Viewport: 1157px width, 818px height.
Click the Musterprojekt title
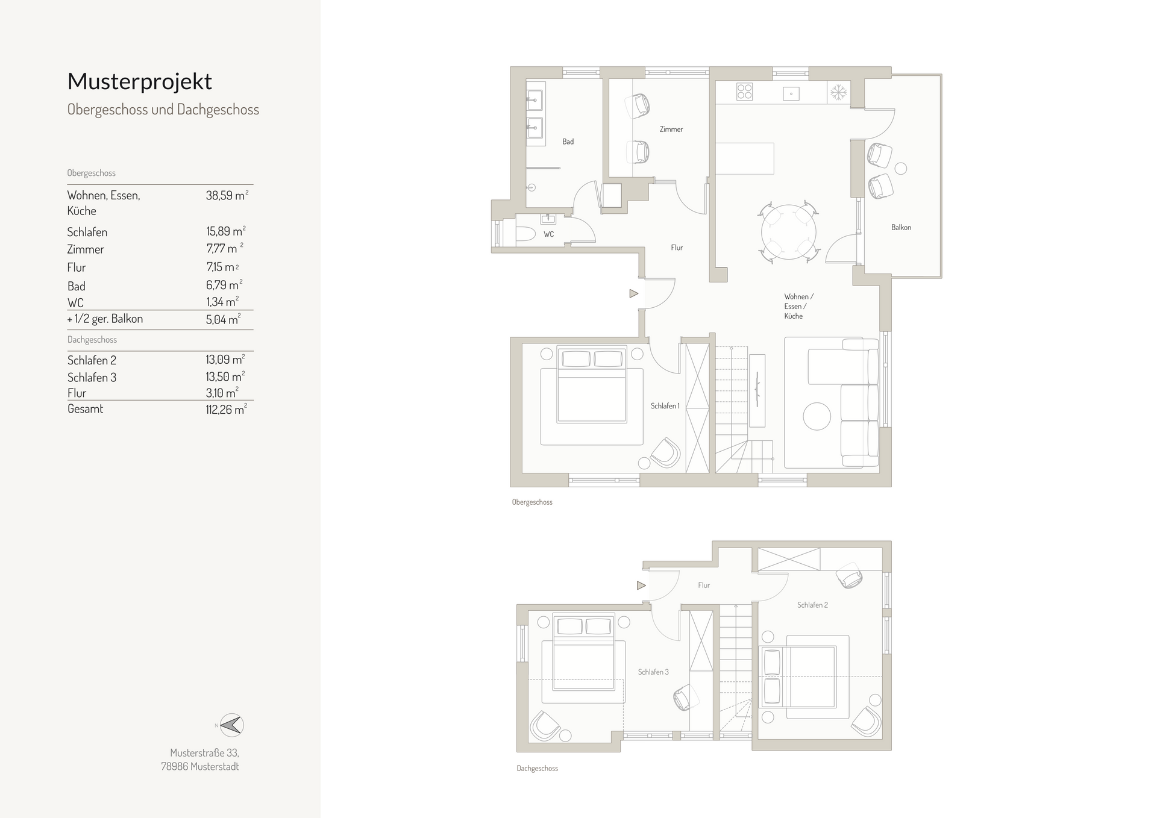pos(139,81)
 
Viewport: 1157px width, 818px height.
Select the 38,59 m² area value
pos(227,195)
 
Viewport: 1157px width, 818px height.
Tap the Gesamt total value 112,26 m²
pos(226,410)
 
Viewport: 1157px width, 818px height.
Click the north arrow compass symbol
pos(231,725)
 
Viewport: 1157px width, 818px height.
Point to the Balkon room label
pos(901,228)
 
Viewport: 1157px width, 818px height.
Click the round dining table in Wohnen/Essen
pos(788,233)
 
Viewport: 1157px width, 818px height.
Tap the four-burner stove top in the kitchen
pos(745,92)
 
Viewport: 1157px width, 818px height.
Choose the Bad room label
pos(568,142)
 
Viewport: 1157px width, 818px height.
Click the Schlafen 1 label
pos(665,407)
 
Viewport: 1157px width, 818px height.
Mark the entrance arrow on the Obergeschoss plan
pos(633,294)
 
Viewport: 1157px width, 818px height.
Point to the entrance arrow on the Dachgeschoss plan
pos(641,585)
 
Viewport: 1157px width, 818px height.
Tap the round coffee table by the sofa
pos(817,416)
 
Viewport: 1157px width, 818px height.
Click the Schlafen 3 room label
pos(653,672)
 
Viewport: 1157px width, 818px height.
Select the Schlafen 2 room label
pos(812,605)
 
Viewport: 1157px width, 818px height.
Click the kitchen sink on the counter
pos(791,93)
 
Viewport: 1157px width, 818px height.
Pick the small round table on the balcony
pos(900,169)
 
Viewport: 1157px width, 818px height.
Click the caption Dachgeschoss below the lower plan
pos(537,769)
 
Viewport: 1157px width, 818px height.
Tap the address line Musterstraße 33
pos(204,753)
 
